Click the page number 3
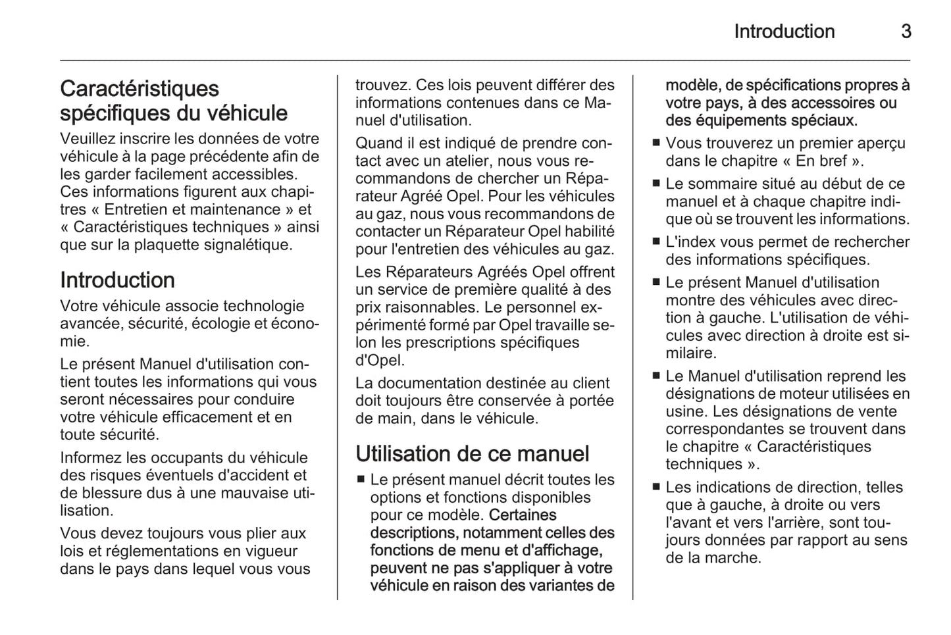[906, 32]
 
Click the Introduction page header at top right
[784, 32]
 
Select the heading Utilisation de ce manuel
[472, 454]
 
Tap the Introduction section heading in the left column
[117, 280]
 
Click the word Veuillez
[86, 139]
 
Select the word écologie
[214, 324]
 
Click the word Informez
[90, 458]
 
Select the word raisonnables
[417, 307]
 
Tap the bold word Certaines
[523, 515]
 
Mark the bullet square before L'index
[655, 241]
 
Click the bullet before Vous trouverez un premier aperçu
[655, 143]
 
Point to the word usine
[684, 412]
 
